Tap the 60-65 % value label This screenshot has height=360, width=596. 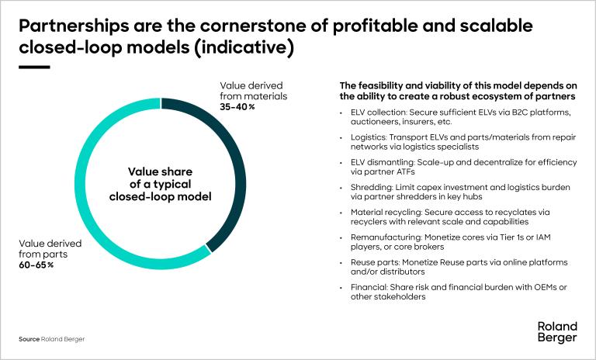click(x=36, y=265)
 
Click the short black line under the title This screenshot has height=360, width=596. click(x=34, y=67)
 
